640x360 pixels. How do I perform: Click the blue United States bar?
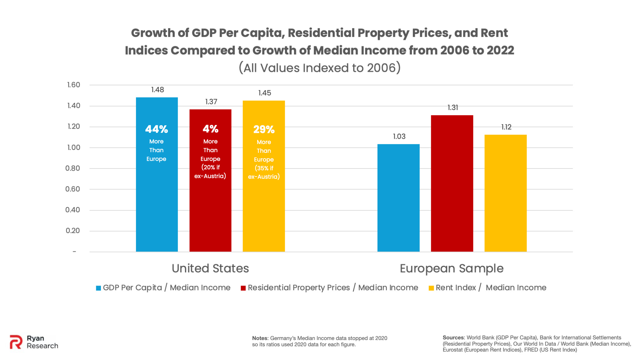157,203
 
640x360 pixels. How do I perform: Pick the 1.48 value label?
157,90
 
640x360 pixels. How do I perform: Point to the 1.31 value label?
453,108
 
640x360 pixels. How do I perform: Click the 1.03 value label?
399,137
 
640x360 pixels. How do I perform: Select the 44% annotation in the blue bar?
157,129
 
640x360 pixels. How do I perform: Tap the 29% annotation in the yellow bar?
264,129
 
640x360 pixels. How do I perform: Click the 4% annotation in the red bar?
210,129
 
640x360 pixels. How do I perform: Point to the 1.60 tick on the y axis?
74,85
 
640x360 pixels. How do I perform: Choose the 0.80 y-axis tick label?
73,168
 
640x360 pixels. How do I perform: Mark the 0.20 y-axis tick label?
73,231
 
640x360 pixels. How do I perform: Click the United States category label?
210,268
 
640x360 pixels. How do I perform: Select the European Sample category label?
452,268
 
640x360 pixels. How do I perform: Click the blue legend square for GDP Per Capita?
98,288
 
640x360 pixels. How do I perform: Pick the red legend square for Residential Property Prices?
243,288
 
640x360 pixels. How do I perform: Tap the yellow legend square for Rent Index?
431,288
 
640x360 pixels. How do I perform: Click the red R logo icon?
16,342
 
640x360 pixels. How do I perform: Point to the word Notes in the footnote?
260,338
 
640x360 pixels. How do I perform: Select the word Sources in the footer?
453,337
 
